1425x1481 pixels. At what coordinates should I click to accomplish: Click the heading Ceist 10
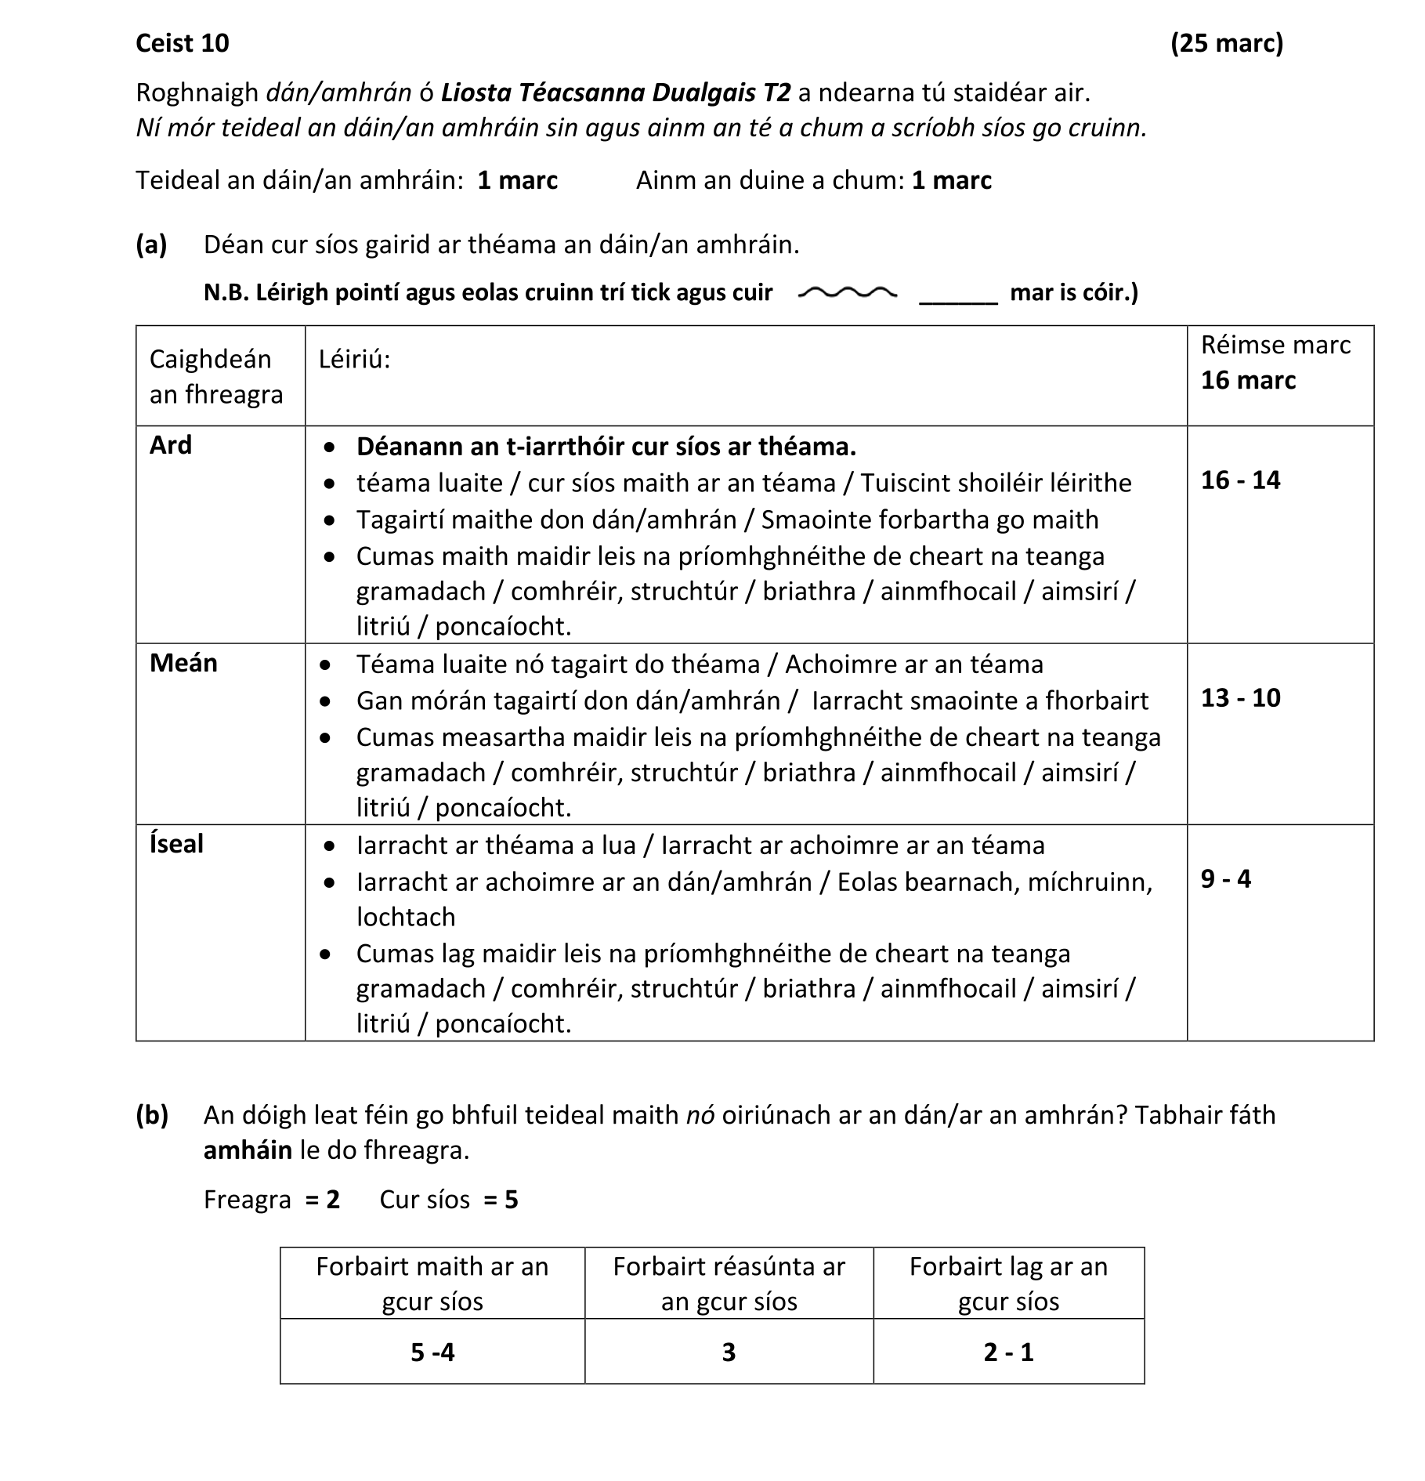(182, 43)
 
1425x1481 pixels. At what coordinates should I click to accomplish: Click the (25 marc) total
(1227, 43)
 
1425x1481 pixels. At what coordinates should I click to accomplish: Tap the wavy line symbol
(847, 293)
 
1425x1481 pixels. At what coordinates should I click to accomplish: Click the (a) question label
(151, 245)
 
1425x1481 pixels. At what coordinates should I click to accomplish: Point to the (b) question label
(151, 1115)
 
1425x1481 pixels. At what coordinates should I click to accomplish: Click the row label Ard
(171, 445)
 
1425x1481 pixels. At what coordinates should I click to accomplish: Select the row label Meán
(183, 663)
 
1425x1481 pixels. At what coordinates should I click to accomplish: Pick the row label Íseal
(176, 844)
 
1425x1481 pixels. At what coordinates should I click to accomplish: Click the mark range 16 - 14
(1240, 480)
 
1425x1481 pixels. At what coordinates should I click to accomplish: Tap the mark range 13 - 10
(1240, 698)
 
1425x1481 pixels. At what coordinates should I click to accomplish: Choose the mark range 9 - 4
(1225, 879)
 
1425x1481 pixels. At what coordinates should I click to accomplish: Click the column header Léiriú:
(354, 360)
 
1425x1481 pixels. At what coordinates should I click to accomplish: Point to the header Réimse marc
(1275, 346)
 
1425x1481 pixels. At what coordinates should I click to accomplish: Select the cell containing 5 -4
(432, 1352)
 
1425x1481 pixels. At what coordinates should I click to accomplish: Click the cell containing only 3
(729, 1352)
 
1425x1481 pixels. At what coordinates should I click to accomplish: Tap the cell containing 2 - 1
(1008, 1352)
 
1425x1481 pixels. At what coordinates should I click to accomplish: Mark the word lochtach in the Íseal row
(406, 917)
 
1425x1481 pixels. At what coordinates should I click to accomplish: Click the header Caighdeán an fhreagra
(216, 377)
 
